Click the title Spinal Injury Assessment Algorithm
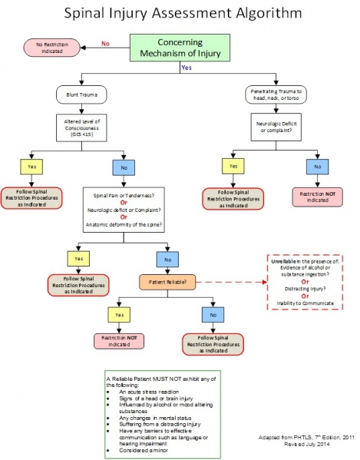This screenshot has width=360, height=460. point(180,13)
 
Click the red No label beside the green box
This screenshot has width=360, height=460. point(104,44)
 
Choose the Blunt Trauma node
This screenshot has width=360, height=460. point(80,95)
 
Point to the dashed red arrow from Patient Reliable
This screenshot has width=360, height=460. point(234,283)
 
